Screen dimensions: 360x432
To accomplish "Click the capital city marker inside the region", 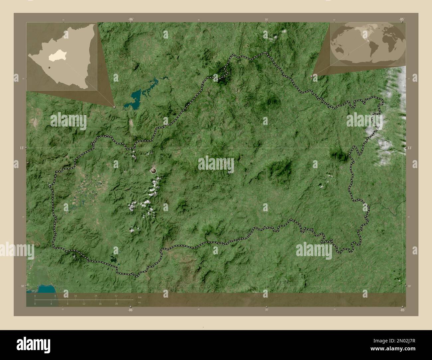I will pyautogui.click(x=154, y=171).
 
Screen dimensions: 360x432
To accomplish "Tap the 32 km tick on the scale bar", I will pyautogui.click(x=116, y=299).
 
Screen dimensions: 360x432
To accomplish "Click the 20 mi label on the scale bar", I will pyautogui.click(x=116, y=304).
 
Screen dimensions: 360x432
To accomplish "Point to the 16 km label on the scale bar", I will pyautogui.click(x=75, y=296).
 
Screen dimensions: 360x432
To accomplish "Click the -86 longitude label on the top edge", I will pyautogui.click(x=131, y=19).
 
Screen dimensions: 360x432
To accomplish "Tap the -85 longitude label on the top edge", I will pyautogui.click(x=401, y=19).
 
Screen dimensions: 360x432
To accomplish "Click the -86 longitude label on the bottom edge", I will pyautogui.click(x=130, y=310).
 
